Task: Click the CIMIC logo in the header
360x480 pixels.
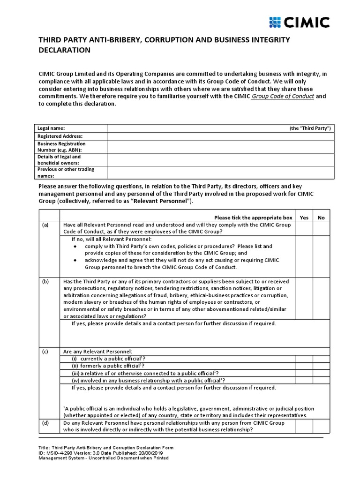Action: (300, 22)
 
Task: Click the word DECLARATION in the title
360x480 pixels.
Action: (64, 50)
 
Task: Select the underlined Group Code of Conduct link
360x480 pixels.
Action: (283, 96)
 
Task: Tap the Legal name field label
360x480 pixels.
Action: (51, 128)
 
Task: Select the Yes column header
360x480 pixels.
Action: (304, 217)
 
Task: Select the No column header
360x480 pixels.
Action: (321, 217)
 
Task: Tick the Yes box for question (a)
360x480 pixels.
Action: (304, 228)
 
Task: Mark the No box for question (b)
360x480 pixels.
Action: (321, 298)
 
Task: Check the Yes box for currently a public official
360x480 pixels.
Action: (304, 359)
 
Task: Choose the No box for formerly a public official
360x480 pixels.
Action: (321, 366)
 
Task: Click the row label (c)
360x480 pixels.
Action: (45, 352)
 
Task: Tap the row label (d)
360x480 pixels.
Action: (45, 423)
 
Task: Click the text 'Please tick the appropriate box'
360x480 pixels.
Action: (253, 217)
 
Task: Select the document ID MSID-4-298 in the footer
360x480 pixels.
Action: (59, 453)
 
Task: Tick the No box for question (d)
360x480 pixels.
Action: (321, 426)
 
